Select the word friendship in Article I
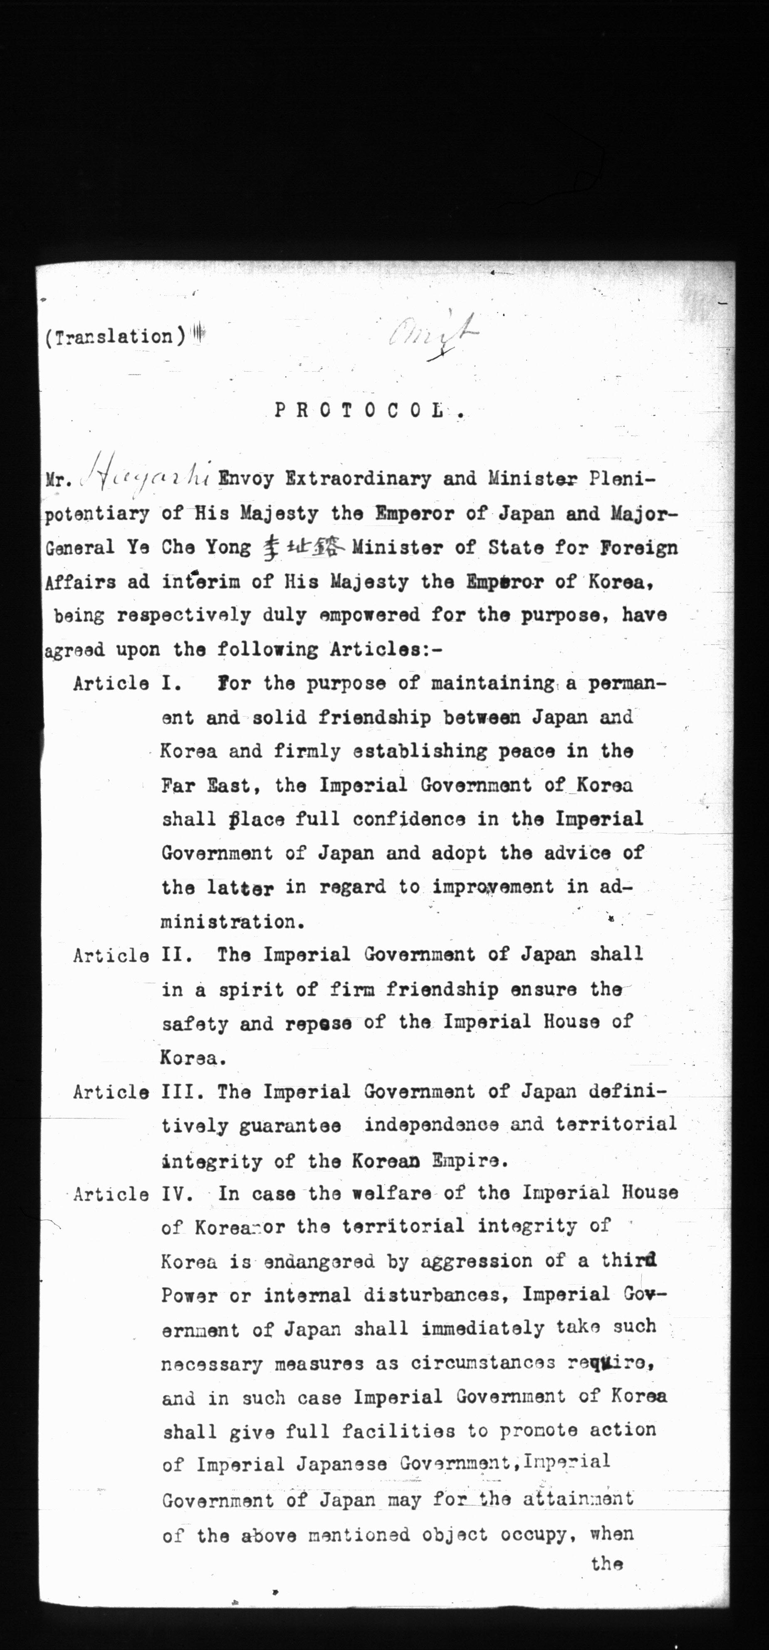coord(375,717)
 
